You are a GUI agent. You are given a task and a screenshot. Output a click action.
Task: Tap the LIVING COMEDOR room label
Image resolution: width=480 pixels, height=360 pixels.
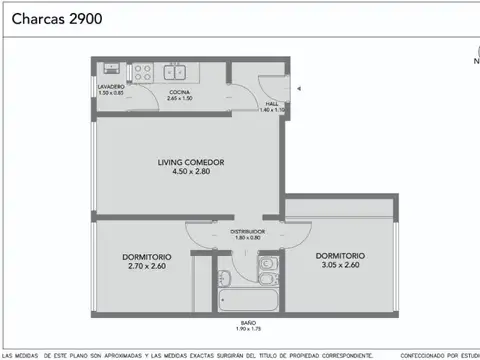pyautogui.click(x=190, y=161)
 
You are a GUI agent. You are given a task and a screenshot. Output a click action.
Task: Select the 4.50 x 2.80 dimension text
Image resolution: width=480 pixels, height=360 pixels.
pyautogui.click(x=190, y=171)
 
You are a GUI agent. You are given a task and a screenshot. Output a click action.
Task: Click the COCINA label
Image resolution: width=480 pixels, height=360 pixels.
pyautogui.click(x=179, y=93)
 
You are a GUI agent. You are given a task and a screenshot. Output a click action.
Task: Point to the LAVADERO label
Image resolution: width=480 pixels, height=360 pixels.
pyautogui.click(x=110, y=87)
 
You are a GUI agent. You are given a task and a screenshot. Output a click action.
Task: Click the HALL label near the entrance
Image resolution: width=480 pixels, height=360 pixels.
pyautogui.click(x=272, y=103)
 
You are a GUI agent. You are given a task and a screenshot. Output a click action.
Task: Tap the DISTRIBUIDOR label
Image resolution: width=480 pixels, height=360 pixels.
pyautogui.click(x=247, y=231)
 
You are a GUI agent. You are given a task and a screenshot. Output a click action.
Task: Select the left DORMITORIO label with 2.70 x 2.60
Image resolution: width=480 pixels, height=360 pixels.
pyautogui.click(x=146, y=256)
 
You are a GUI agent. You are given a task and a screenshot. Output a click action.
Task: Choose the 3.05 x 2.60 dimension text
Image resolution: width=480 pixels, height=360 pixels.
pyautogui.click(x=339, y=265)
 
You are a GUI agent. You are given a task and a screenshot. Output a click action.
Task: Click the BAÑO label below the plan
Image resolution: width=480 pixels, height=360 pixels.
pyautogui.click(x=247, y=322)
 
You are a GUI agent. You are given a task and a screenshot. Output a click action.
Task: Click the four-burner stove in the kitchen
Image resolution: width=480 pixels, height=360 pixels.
pyautogui.click(x=141, y=72)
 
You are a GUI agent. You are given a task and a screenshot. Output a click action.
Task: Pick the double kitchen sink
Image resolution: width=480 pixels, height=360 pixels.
pyautogui.click(x=178, y=71)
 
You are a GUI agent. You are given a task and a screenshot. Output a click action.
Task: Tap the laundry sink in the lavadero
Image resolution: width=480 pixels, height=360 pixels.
pyautogui.click(x=110, y=71)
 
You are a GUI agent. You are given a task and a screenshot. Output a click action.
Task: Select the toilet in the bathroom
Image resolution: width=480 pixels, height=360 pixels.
pyautogui.click(x=267, y=264)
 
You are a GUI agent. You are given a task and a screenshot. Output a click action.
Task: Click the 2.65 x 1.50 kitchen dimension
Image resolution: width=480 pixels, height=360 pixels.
pyautogui.click(x=179, y=100)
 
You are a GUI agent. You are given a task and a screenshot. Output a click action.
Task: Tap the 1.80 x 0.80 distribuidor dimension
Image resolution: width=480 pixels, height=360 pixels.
pyautogui.click(x=247, y=238)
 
